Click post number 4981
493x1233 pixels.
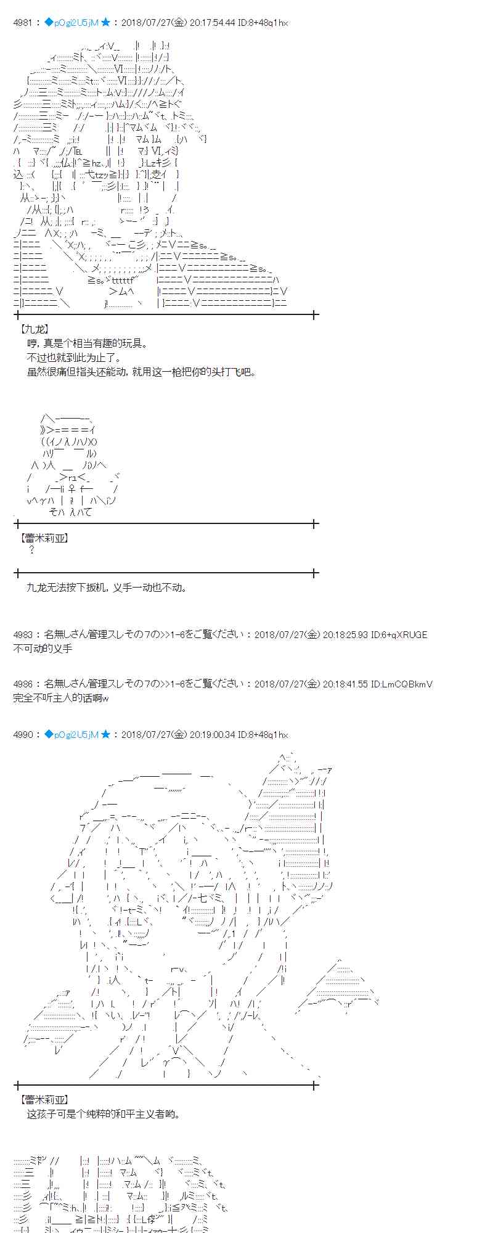(x=23, y=23)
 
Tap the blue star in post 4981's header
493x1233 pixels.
(x=105, y=23)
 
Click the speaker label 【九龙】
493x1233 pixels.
(x=34, y=330)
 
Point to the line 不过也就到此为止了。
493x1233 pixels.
(x=74, y=358)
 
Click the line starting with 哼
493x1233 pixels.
(x=88, y=343)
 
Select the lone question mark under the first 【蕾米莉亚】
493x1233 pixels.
(x=32, y=550)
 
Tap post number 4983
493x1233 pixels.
(x=23, y=634)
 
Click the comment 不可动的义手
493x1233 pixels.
(x=43, y=648)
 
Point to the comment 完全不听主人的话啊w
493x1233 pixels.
(x=61, y=697)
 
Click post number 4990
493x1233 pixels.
(x=23, y=734)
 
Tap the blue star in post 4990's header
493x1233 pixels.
(x=105, y=734)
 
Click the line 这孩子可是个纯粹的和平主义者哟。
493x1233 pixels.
(x=104, y=1114)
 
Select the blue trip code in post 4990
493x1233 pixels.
(x=71, y=734)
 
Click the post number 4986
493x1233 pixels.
(x=23, y=684)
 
